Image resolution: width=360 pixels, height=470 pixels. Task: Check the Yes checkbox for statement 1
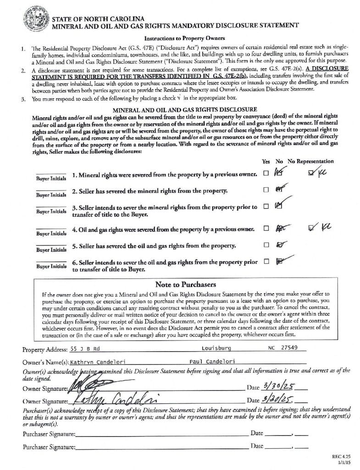click(x=266, y=173)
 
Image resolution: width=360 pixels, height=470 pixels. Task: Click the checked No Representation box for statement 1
click(x=312, y=173)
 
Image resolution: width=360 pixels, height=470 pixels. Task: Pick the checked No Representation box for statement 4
click(x=313, y=226)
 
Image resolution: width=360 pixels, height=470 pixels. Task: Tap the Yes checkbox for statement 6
click(x=266, y=262)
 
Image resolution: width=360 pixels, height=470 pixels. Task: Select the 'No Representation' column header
click(x=310, y=162)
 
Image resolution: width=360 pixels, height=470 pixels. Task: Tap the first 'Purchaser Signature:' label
click(x=49, y=434)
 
